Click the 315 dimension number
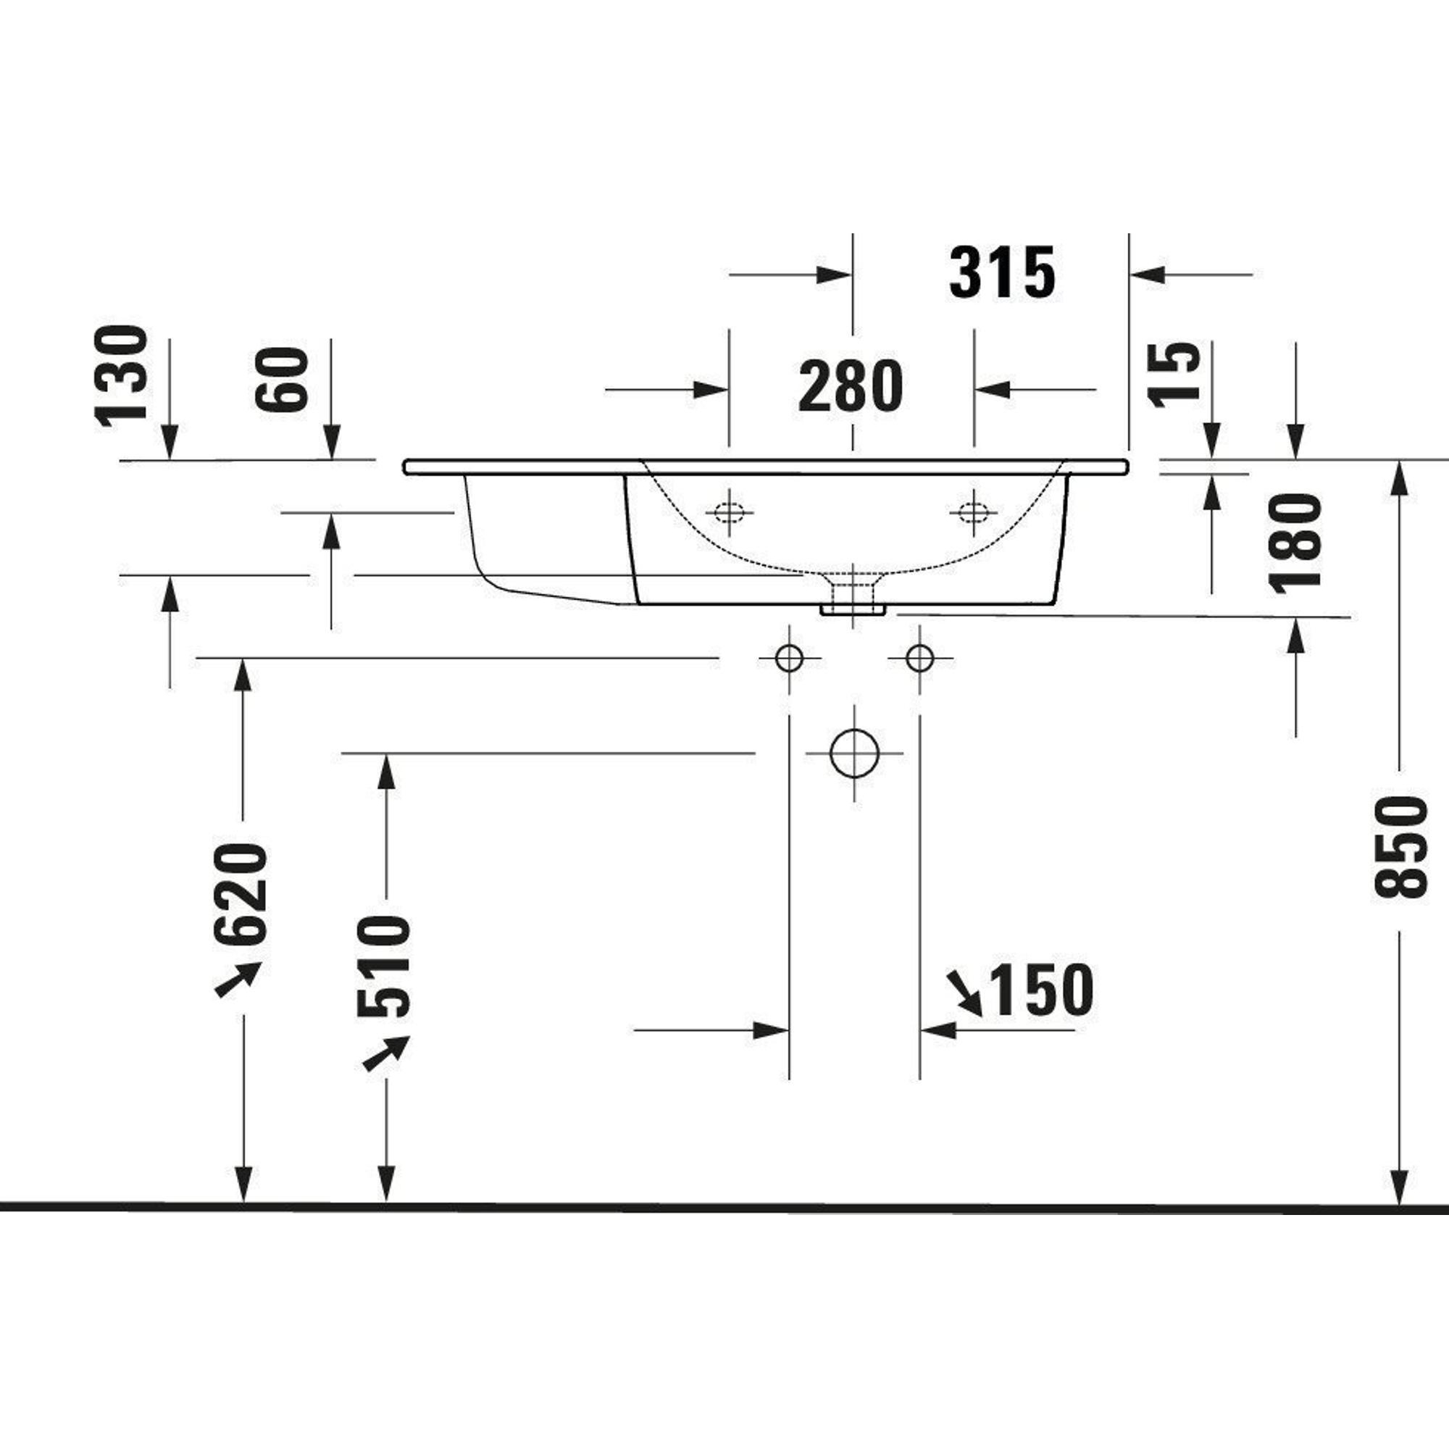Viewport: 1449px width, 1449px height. coord(1003,273)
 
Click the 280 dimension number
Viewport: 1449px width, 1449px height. coord(851,386)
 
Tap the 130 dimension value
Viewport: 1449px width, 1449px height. coord(120,377)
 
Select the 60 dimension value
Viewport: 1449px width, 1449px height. coord(282,380)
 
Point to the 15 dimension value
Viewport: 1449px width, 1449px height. coord(1175,375)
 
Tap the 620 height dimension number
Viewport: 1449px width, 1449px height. coord(240,894)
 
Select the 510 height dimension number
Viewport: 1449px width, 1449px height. coord(384,967)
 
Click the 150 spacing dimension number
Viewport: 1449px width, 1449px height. coord(1043,990)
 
